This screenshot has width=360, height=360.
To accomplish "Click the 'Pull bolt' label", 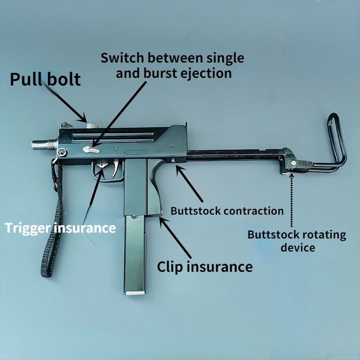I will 45,79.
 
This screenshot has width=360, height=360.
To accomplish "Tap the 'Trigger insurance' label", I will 60,228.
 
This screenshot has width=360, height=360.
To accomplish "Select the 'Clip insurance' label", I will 204,266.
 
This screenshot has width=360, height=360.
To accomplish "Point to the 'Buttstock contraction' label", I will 227,211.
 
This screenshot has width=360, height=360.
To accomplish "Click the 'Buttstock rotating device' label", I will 297,241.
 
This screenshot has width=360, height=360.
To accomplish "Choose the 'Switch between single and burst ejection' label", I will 173,65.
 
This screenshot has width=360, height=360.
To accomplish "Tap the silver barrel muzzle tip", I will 35,145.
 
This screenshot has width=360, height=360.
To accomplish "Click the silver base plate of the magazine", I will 134,293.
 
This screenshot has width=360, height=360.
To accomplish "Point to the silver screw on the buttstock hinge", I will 293,163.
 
